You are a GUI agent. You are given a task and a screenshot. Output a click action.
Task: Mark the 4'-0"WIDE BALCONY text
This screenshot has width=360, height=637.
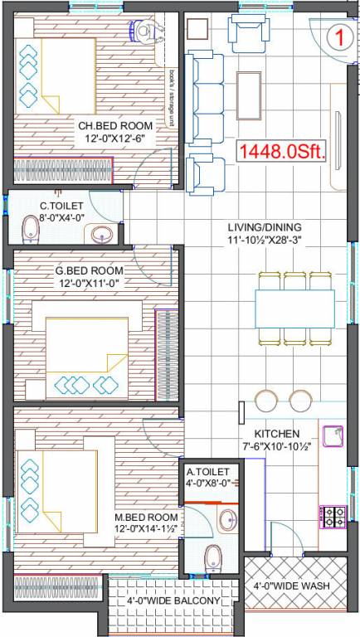coord(173,601)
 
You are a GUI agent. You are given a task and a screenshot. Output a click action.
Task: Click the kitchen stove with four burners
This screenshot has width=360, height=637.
coord(333,517)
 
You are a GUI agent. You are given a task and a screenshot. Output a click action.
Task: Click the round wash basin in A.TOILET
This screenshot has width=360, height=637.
coord(226,520)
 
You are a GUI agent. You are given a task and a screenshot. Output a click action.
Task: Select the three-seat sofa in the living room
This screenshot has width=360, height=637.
coord(202,86)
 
